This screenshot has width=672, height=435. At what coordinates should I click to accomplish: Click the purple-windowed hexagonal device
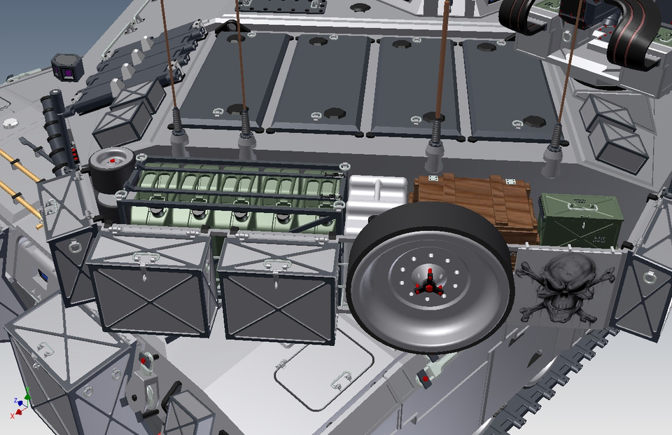pyautogui.click(x=67, y=67)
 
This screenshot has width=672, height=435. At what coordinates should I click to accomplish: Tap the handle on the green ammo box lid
pyautogui.click(x=580, y=204)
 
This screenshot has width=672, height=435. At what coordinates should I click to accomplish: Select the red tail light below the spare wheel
pyautogui.click(x=425, y=379)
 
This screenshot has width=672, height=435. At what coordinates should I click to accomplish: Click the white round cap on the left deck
pyautogui.click(x=10, y=124)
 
